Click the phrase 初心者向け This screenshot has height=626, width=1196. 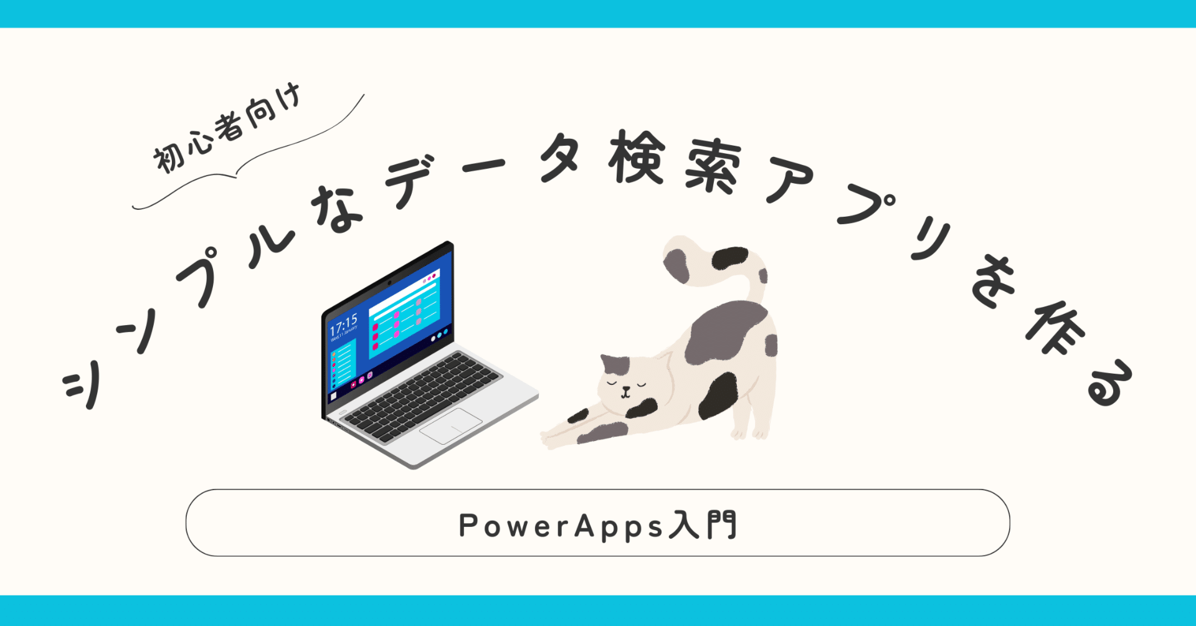click(228, 128)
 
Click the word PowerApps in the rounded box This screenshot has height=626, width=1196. click(561, 526)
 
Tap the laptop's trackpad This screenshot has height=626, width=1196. click(451, 425)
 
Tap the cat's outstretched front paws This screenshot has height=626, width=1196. click(558, 436)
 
